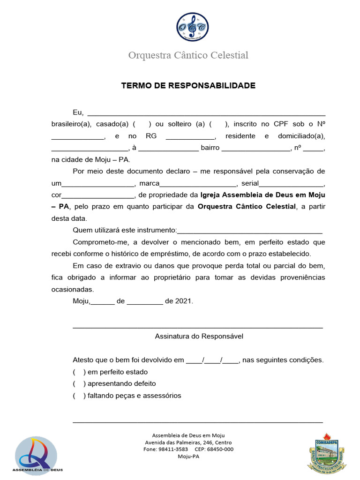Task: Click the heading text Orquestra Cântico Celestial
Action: (188, 55)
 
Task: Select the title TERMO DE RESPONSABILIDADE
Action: (188, 86)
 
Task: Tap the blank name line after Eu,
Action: (206, 113)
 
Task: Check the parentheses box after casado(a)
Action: (142, 124)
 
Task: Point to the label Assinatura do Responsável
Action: (199, 337)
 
